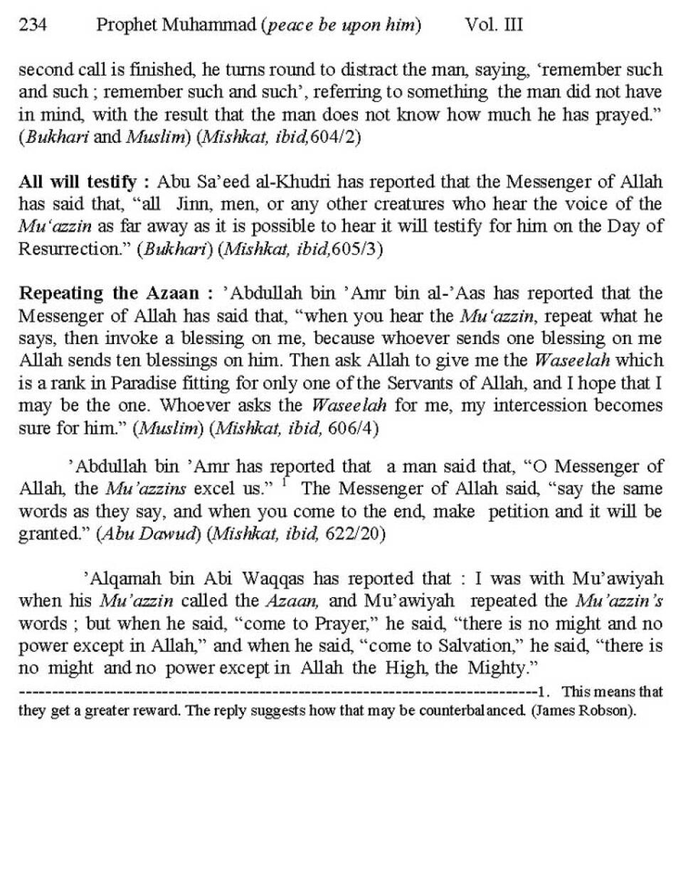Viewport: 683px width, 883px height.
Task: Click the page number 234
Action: (x=33, y=26)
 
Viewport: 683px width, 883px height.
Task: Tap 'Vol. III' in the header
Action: (x=493, y=26)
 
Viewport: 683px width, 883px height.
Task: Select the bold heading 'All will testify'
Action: (x=77, y=182)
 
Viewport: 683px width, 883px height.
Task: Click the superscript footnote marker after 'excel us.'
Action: (x=284, y=482)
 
